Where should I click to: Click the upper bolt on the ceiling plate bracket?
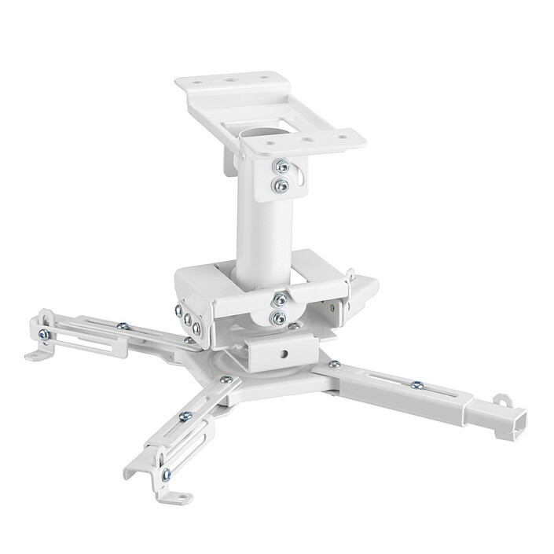click(281, 167)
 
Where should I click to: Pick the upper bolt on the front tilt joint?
click(280, 299)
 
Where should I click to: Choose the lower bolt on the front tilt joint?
click(278, 317)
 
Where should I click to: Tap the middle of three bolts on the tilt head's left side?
click(188, 318)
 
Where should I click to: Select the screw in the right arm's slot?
click(416, 384)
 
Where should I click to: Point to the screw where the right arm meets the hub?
click(334, 364)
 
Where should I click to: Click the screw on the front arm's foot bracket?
click(166, 474)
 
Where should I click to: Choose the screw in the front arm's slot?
click(185, 416)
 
